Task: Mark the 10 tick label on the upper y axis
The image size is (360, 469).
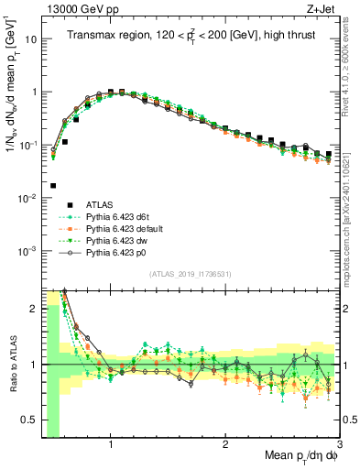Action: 29,39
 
